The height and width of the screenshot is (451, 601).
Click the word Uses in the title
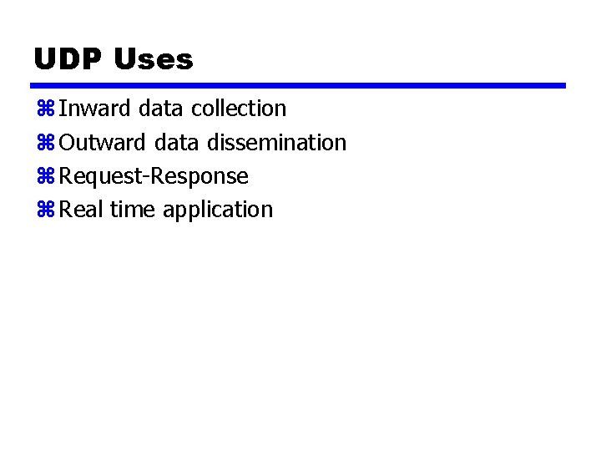click(152, 59)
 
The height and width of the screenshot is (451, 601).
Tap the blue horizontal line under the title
click(299, 85)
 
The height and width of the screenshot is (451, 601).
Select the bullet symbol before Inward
click(45, 109)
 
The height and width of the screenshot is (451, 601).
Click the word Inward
click(95, 109)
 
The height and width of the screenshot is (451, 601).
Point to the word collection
click(239, 109)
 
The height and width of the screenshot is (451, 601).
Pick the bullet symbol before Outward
click(45, 143)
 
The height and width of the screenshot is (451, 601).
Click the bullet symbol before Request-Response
click(45, 176)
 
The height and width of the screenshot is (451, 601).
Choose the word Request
click(96, 176)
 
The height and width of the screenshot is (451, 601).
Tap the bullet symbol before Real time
click(45, 210)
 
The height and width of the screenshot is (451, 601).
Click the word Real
click(82, 210)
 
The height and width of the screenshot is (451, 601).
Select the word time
click(133, 210)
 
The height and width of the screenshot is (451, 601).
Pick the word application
click(218, 210)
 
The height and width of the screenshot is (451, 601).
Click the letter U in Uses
click(123, 59)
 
